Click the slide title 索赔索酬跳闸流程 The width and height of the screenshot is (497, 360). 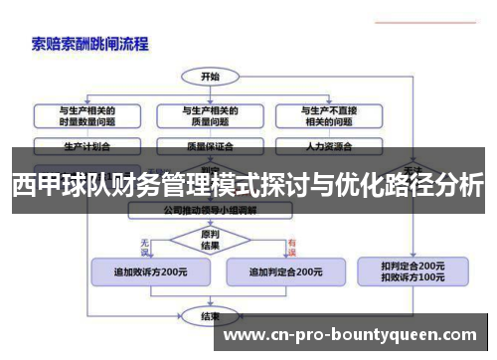[x=88, y=44]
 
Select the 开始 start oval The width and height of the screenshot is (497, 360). [x=210, y=77]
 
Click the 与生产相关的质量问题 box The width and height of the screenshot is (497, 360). [x=210, y=115]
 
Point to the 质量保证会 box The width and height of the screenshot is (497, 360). [x=210, y=145]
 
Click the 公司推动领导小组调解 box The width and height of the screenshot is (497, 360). [x=210, y=211]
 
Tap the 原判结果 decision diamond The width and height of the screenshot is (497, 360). [x=210, y=240]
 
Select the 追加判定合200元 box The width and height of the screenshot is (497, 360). [x=284, y=271]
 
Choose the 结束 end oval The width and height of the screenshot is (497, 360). [x=210, y=316]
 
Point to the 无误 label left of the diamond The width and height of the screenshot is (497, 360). [x=146, y=242]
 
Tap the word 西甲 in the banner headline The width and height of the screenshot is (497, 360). [x=36, y=186]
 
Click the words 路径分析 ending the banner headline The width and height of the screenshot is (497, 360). [x=437, y=186]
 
